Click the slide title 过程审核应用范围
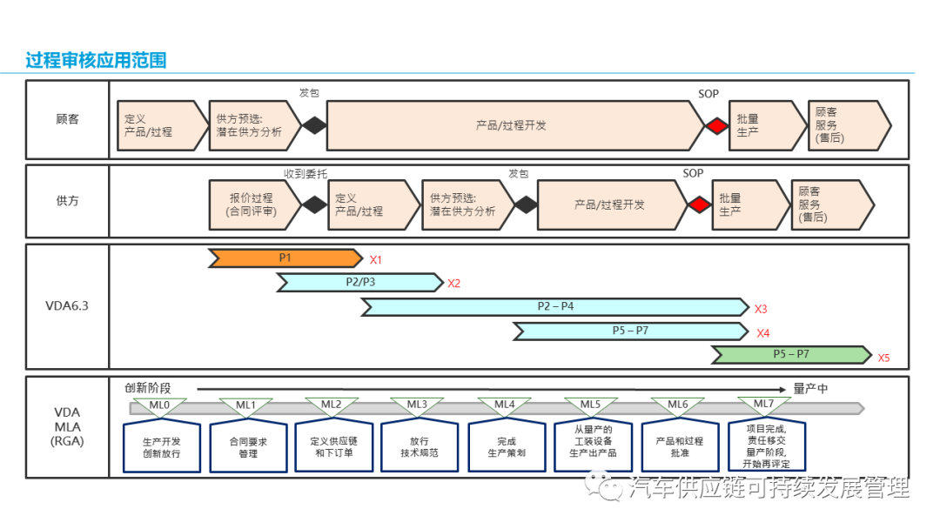point(96,60)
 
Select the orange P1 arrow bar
point(285,258)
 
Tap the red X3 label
point(761,308)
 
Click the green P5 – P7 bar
point(790,354)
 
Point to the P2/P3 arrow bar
point(359,282)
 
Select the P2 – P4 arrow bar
point(554,306)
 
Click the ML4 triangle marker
point(505,405)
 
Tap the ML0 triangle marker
point(159,405)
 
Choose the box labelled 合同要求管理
point(248,447)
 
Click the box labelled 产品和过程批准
point(679,447)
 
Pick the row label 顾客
point(67,119)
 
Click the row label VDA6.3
point(67,305)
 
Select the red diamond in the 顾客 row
point(715,126)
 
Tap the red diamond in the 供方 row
point(699,204)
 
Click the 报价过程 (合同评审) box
point(252,204)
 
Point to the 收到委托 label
point(305,174)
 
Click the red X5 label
point(883,357)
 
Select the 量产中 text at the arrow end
point(810,389)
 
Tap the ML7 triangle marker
point(763,405)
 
